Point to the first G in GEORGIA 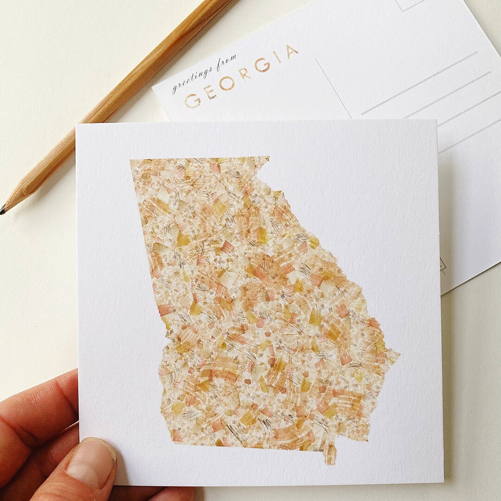coord(192,101)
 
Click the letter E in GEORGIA coord(210,92)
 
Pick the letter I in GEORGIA coord(277,57)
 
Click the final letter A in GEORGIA coord(291,51)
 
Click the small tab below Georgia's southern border coord(330,454)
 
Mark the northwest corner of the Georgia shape coord(131,161)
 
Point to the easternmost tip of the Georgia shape coord(398,353)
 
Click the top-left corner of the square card coord(77,125)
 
